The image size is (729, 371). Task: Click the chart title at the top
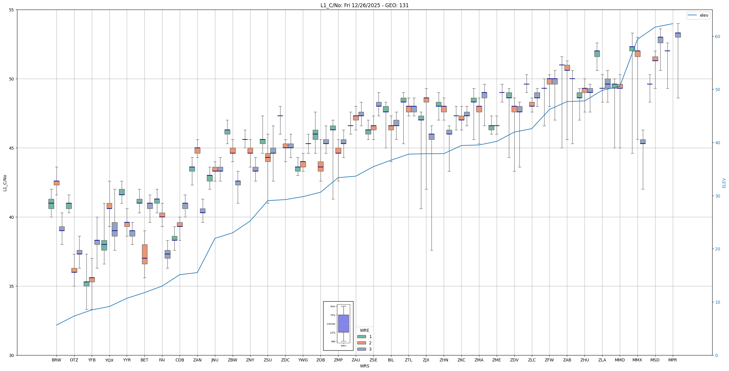point(364,5)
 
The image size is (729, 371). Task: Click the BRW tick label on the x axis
point(56,360)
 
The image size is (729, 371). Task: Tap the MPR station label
point(672,360)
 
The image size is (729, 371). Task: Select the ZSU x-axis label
point(268,360)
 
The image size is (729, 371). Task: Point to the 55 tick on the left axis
point(12,10)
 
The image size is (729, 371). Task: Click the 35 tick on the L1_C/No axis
point(12,286)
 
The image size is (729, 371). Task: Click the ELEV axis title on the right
point(724,183)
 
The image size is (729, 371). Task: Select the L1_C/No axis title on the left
point(5,183)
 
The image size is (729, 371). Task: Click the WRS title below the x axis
point(364,366)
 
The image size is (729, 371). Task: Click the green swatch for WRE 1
point(362,337)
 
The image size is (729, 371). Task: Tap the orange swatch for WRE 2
point(362,343)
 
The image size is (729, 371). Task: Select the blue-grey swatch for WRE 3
point(362,349)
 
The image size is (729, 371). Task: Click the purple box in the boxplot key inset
point(343,323)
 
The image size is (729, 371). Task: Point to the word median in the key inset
point(331,324)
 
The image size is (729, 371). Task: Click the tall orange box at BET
point(144,254)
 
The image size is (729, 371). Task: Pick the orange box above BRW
point(57,183)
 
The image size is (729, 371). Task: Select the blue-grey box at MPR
point(678,35)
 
